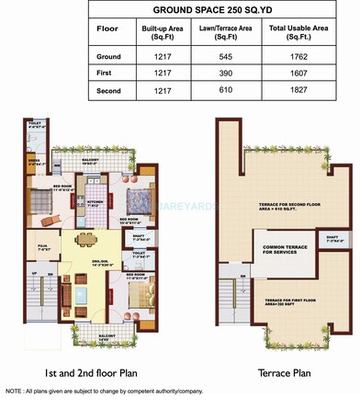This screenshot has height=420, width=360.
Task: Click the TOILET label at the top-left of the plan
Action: click(35, 123)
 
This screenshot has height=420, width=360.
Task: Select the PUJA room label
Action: click(42, 221)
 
